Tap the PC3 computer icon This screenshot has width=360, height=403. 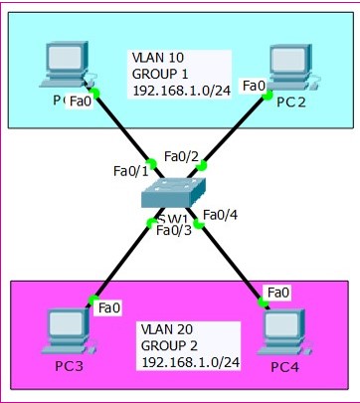coord(69,334)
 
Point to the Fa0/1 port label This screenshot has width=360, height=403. coord(131,172)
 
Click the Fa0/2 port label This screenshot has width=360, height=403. coord(181,156)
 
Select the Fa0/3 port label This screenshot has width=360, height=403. coord(174,231)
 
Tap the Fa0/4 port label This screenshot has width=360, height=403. coord(220,214)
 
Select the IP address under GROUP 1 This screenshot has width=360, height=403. coord(180,91)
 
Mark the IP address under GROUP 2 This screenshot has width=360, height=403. coord(188,361)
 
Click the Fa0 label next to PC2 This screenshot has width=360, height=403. coord(254,87)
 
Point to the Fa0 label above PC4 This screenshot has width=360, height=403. coord(278,292)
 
